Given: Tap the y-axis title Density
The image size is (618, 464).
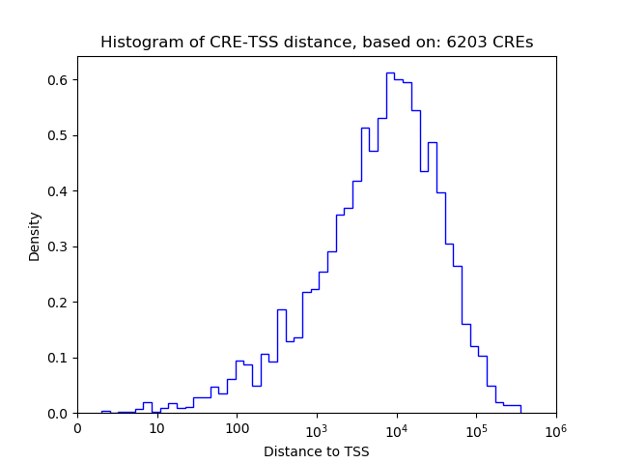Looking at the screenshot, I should click(x=35, y=236).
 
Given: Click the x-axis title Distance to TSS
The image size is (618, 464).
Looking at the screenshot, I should click(x=317, y=451).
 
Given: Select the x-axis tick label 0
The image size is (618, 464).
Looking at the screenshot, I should click(x=78, y=429).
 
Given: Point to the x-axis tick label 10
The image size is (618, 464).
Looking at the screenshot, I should click(x=157, y=429).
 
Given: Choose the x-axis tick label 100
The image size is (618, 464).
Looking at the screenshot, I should click(x=237, y=429).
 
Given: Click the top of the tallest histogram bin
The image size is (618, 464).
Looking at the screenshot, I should click(x=390, y=72).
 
